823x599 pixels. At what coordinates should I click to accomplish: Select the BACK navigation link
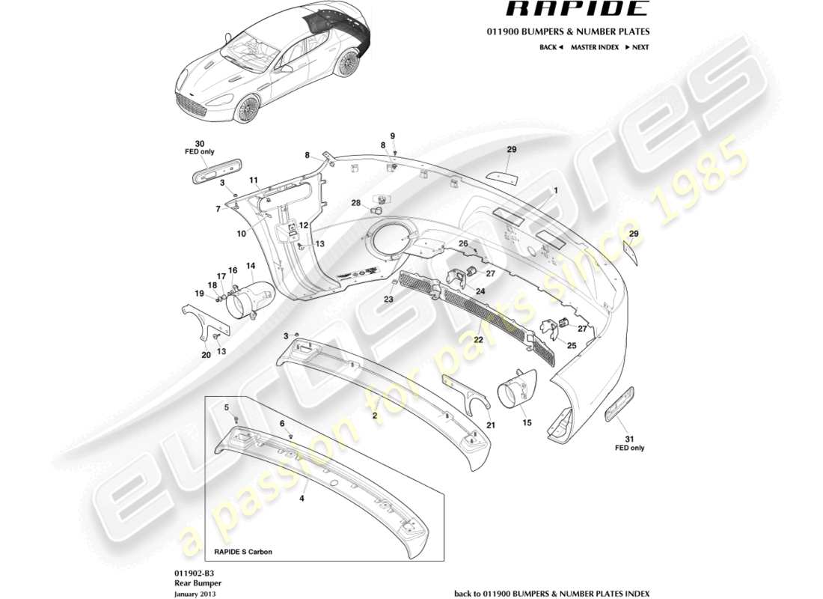[550, 47]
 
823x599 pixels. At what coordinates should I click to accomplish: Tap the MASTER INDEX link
[594, 47]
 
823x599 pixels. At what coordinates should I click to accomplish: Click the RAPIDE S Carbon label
[243, 552]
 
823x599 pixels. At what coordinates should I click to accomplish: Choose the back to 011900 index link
[552, 592]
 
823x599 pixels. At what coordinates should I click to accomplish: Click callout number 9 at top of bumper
[392, 136]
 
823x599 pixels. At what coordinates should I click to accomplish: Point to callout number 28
[355, 203]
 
